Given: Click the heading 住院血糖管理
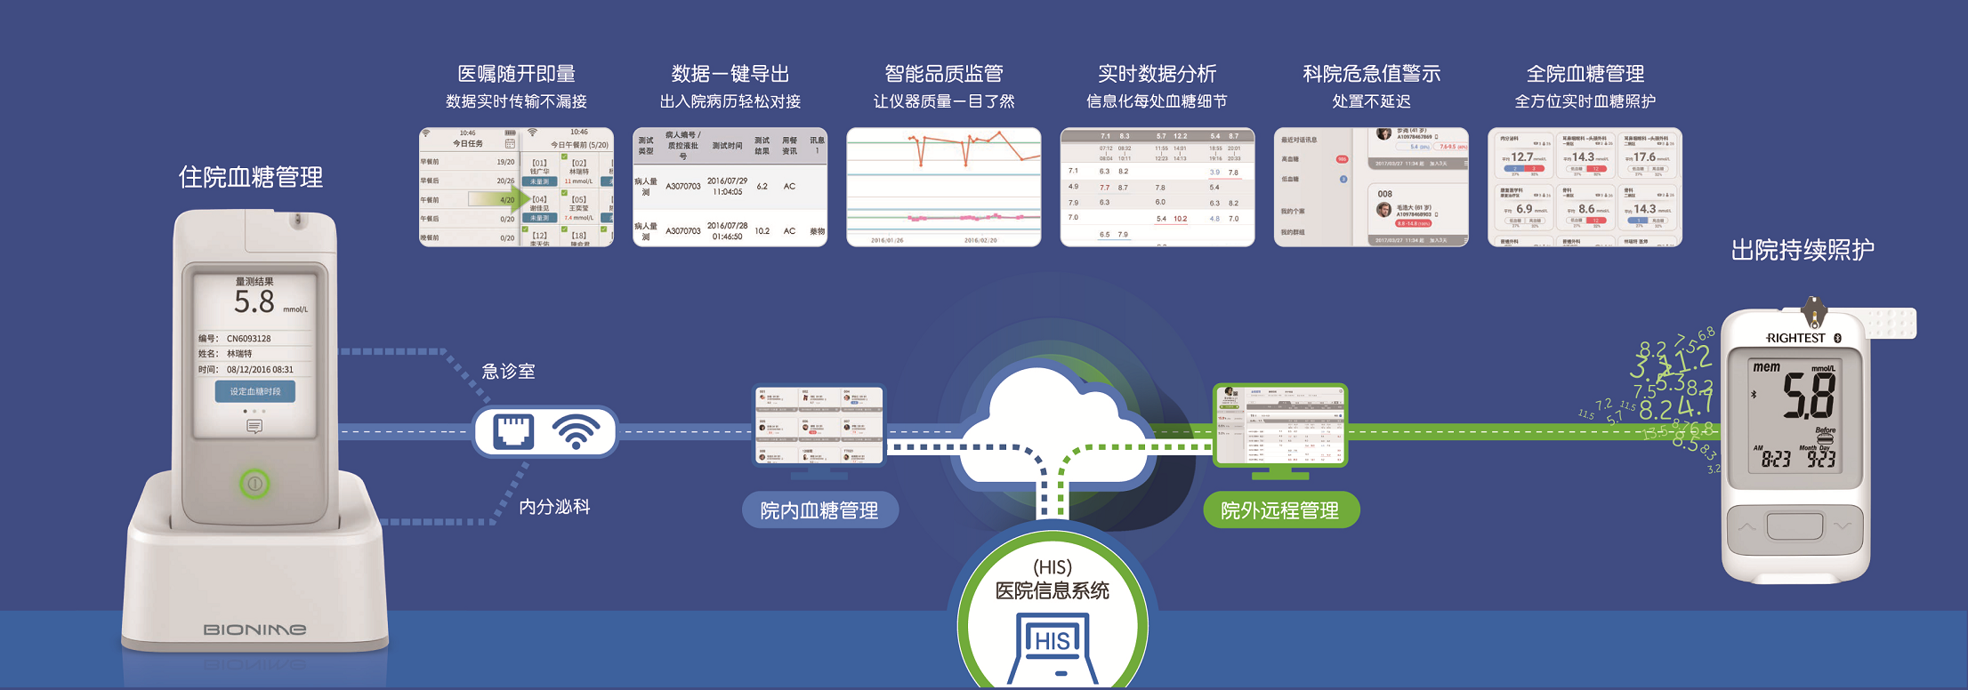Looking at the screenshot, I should tap(251, 178).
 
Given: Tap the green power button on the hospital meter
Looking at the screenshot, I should tap(254, 484).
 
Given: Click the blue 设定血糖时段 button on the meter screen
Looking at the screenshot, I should tap(254, 391).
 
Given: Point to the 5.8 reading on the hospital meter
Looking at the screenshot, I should tap(254, 302).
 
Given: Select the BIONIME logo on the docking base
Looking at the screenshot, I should tap(254, 630).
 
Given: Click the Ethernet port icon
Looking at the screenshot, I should tap(513, 432).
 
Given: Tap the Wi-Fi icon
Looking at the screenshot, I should tap(577, 432).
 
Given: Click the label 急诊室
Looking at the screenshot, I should tap(508, 372).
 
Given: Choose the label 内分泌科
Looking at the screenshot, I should tap(554, 507).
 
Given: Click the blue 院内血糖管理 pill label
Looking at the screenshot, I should tap(819, 510).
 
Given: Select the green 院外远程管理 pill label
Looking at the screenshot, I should tap(1280, 510).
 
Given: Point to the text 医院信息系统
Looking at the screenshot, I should tap(1053, 591).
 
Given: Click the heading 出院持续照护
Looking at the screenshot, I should tap(1803, 251).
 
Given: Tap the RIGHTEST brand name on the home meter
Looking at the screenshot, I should tap(1795, 339).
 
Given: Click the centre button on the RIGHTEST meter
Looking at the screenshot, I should tap(1795, 526).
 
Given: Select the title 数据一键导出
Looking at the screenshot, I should tap(730, 74).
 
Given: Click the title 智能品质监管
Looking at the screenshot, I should tap(944, 74).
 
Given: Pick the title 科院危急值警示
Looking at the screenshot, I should tap(1371, 74).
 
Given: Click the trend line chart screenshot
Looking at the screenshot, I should tap(944, 187).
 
